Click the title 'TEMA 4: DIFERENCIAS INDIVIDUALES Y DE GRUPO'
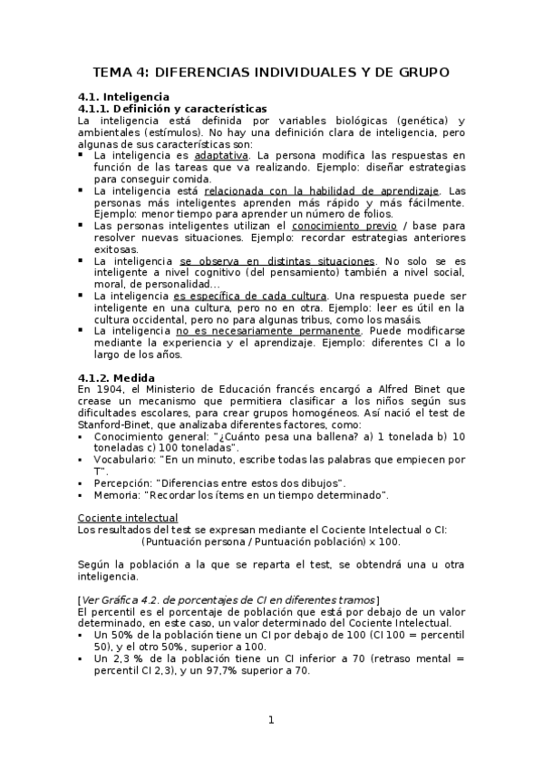(x=271, y=72)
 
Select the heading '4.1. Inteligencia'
(x=122, y=96)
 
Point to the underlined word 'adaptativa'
(x=220, y=156)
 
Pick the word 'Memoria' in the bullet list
(x=115, y=495)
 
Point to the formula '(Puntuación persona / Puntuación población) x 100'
(x=271, y=542)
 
